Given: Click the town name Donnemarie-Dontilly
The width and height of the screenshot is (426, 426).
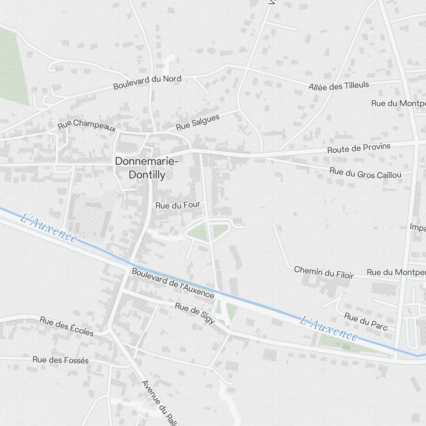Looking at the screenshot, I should click(x=147, y=168).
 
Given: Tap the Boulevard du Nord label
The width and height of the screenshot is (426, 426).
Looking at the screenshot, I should click(x=147, y=82).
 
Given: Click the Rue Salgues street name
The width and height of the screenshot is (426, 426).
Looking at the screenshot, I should click(x=198, y=122).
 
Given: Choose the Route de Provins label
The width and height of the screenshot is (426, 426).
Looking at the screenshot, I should click(x=359, y=148).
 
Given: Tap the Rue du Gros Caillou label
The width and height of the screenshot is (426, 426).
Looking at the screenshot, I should click(x=365, y=173).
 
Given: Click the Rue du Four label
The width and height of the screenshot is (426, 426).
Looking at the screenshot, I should click(x=178, y=205).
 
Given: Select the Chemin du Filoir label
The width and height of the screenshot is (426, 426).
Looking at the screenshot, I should click(x=324, y=272).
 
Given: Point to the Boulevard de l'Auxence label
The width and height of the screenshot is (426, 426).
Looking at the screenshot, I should click(x=173, y=283).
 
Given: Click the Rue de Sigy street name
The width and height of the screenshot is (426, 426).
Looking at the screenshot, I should click(x=195, y=313).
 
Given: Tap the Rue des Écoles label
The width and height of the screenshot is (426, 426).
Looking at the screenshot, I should click(x=66, y=326).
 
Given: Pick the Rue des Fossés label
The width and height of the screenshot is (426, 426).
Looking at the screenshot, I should click(x=60, y=360).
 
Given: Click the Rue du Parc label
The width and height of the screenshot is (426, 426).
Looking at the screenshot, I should click(x=366, y=322).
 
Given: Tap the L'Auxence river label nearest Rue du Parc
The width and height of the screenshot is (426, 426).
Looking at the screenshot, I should click(x=328, y=328).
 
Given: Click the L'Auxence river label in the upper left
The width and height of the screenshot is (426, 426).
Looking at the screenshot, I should click(x=49, y=229).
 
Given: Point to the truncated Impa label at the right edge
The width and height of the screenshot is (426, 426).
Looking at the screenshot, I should click(x=417, y=227).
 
